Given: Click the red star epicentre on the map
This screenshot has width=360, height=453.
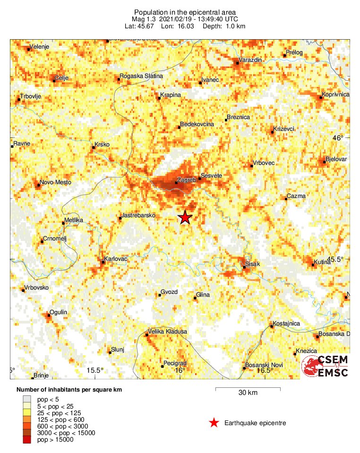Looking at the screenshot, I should (x=185, y=217).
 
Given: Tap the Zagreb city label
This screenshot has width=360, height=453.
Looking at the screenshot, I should (x=184, y=180).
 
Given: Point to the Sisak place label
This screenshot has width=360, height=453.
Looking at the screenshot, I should (x=253, y=264).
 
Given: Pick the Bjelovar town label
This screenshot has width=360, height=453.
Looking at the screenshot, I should (x=336, y=159).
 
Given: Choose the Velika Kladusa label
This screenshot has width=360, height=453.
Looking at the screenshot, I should (x=168, y=332).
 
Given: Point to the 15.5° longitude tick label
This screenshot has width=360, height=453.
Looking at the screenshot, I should (x=95, y=370).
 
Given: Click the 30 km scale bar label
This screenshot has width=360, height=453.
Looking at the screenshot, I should (x=248, y=393).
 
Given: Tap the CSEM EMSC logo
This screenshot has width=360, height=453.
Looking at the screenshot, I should (x=326, y=367).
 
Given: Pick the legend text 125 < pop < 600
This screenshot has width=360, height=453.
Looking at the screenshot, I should (x=59, y=419).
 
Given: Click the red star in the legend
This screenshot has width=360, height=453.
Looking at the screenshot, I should (x=214, y=423).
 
